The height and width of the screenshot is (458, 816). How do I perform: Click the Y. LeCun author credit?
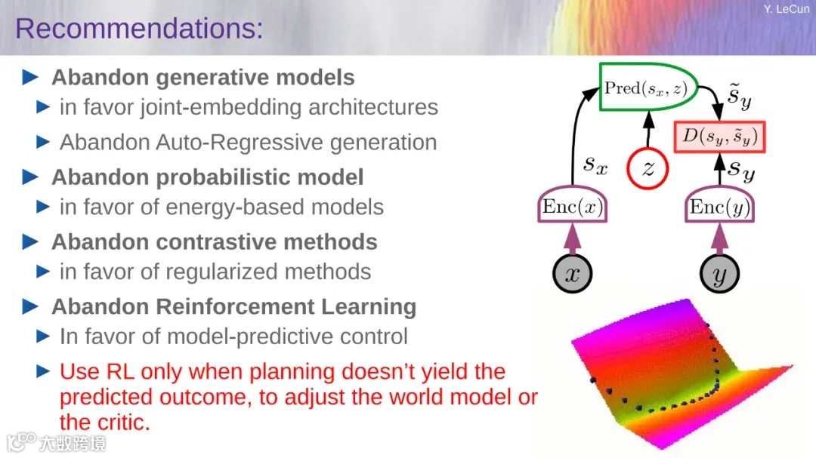click(x=787, y=9)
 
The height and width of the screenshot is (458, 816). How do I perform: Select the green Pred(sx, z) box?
click(x=648, y=87)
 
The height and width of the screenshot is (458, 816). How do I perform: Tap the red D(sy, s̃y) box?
click(x=719, y=137)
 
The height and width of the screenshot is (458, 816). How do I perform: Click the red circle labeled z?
click(x=648, y=168)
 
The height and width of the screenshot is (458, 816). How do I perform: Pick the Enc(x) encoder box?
click(x=573, y=205)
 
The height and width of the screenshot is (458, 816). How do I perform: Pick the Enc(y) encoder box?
click(x=719, y=205)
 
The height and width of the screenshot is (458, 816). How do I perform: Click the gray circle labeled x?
click(x=573, y=273)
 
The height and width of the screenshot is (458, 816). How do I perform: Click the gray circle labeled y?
click(x=719, y=273)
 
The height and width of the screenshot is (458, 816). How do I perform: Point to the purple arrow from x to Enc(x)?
click(x=573, y=239)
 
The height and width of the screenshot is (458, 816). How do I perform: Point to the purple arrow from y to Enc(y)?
click(x=719, y=239)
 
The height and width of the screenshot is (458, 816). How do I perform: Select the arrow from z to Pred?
click(x=648, y=130)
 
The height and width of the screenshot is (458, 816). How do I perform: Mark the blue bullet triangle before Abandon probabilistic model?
click(x=30, y=177)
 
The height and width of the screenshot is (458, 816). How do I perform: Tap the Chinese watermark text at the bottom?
click(x=73, y=444)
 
